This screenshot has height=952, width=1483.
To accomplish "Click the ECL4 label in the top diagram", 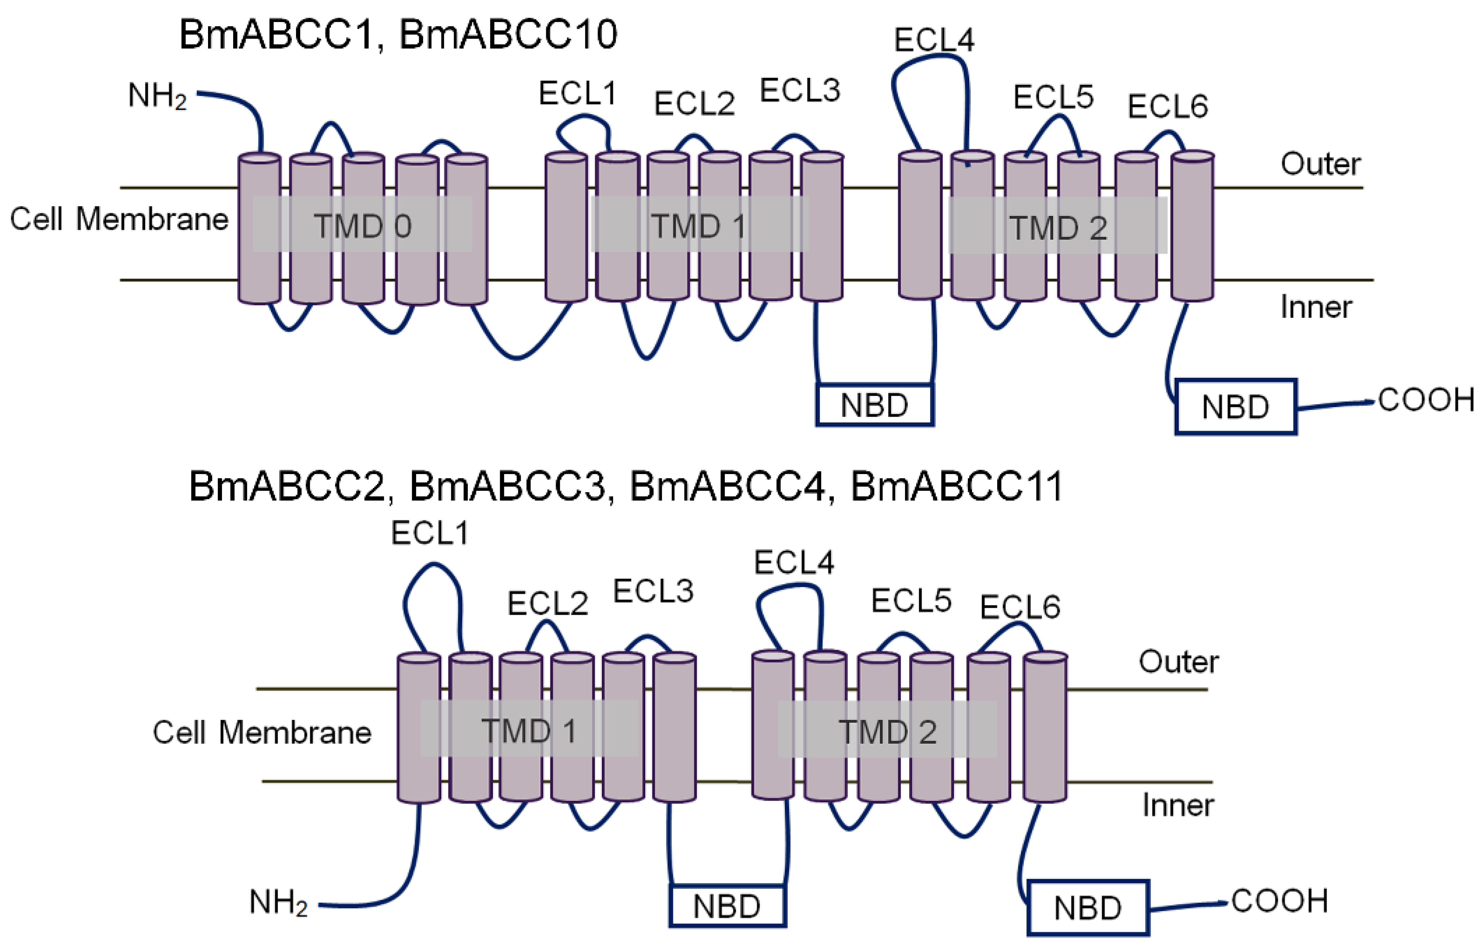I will click(934, 40).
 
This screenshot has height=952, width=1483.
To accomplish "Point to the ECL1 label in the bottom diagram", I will click(430, 533).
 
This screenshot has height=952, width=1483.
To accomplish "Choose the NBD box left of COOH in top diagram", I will click(1235, 407).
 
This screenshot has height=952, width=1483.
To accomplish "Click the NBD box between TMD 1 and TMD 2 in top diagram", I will click(874, 405).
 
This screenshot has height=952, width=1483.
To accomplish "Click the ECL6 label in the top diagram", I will click(1167, 106).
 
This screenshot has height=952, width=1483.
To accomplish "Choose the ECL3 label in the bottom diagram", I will click(653, 591).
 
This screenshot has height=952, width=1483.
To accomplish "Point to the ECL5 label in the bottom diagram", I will click(911, 600).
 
